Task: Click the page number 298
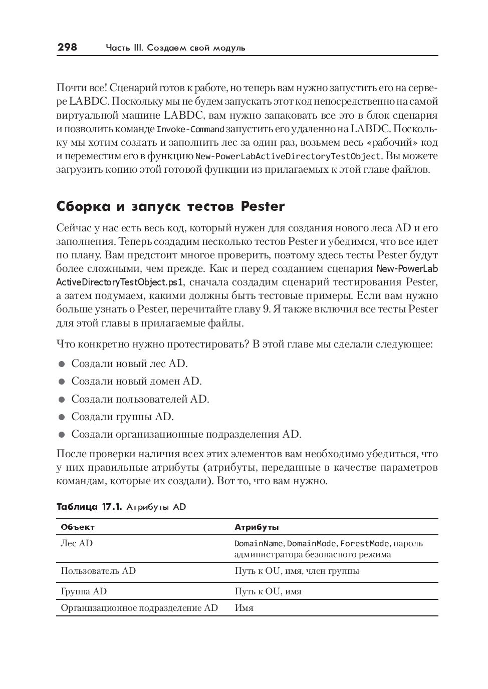tap(67, 47)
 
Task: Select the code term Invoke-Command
tap(190, 129)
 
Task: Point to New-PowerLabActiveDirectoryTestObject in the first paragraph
tap(288, 156)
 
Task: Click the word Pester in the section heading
tap(263, 206)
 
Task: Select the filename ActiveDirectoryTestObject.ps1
tap(120, 282)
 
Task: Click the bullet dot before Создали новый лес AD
tap(62, 364)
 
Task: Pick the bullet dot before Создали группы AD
tap(62, 417)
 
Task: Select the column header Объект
tap(78, 527)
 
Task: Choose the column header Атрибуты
tap(257, 527)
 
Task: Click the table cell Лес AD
tap(77, 543)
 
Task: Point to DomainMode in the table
tap(312, 544)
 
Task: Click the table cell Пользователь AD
tap(98, 571)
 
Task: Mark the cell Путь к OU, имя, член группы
tap(297, 571)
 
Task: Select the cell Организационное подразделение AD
tap(139, 608)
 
